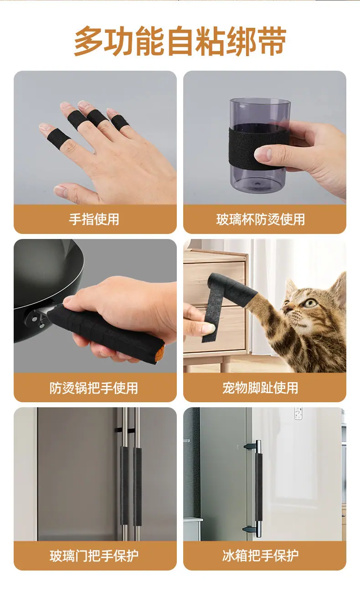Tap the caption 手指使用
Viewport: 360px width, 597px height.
coord(94,219)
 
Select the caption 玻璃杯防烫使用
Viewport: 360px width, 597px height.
coord(260,219)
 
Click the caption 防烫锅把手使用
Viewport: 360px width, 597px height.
coord(94,388)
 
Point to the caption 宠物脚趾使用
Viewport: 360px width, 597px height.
coord(260,388)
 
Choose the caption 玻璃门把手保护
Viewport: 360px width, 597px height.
coord(94,556)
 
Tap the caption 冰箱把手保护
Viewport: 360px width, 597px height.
coord(260,556)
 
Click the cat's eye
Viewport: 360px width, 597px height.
coord(310,303)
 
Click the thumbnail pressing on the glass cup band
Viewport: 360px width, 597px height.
coord(263,153)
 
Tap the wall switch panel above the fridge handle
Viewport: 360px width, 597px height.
coord(298,413)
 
